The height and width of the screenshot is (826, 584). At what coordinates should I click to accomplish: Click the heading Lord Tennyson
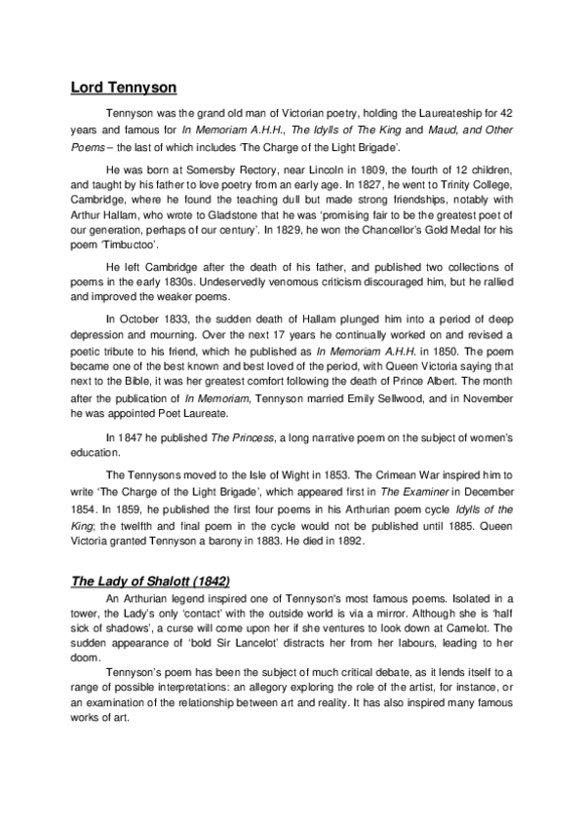click(123, 88)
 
